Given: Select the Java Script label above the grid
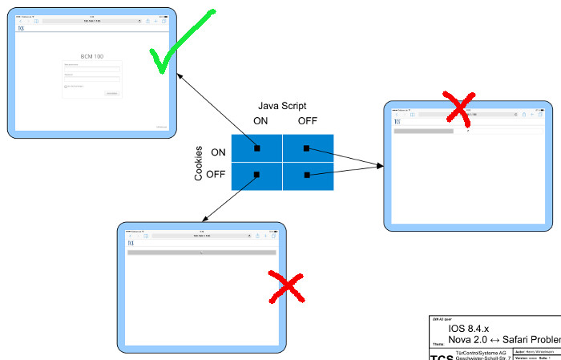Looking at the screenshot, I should pyautogui.click(x=282, y=106).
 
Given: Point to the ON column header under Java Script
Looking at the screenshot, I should pyautogui.click(x=260, y=121).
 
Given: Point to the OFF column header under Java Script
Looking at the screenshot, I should pyautogui.click(x=307, y=121).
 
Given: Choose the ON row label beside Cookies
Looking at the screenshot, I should pyautogui.click(x=218, y=152).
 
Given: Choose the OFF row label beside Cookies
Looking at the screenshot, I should pyautogui.click(x=216, y=174).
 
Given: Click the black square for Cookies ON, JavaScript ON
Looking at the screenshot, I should pyautogui.click(x=257, y=148).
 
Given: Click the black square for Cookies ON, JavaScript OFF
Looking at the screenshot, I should pyautogui.click(x=306, y=148).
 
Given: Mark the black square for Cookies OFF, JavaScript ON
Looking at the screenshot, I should pyautogui.click(x=257, y=174).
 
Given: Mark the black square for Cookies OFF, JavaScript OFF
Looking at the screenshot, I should pyautogui.click(x=306, y=174).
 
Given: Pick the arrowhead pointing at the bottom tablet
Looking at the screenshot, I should pyautogui.click(x=203, y=219).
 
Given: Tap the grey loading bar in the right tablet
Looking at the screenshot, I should pyautogui.click(x=424, y=130).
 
